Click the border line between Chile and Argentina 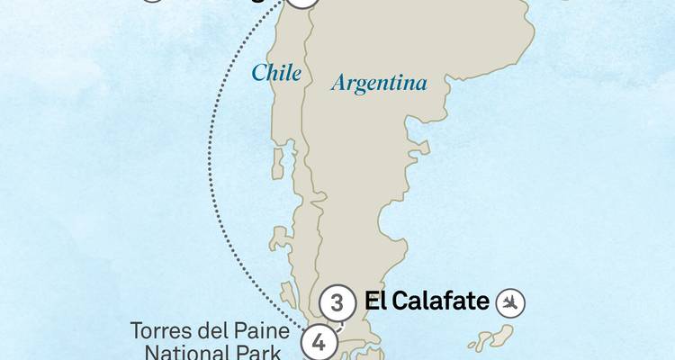tap(308, 135)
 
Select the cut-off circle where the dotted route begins tap(304, 4)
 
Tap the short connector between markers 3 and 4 tap(328, 322)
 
